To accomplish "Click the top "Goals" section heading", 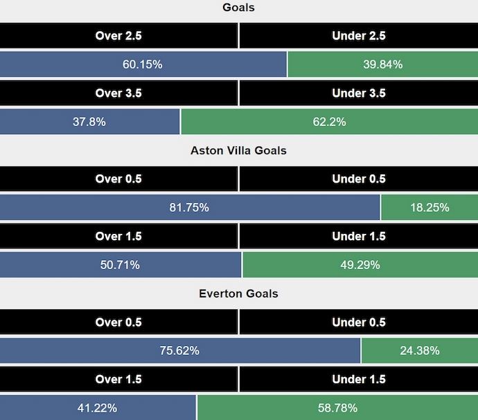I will [x=238, y=8].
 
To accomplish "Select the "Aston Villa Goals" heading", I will [x=238, y=150].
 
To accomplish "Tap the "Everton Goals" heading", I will [x=238, y=293].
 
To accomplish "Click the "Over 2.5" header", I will [x=118, y=36].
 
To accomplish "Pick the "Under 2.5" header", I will [x=359, y=36].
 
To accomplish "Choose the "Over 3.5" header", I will [x=118, y=93].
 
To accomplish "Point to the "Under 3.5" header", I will [x=359, y=93].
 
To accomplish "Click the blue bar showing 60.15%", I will [x=143, y=64].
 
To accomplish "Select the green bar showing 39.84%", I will [x=382, y=64].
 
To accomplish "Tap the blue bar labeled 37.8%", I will [x=89, y=122].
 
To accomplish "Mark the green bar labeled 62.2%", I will [x=329, y=122].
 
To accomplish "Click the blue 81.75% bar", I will [x=189, y=207].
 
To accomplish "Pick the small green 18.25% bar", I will [x=430, y=207].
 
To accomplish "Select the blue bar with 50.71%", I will [x=120, y=264].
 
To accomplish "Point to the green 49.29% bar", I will [x=360, y=264].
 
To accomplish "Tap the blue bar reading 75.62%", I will [x=179, y=350].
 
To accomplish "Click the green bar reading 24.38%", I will [x=420, y=350].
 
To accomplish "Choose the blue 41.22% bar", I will [x=98, y=408].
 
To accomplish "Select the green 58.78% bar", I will [x=337, y=408].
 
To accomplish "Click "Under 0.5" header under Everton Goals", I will [x=359, y=322].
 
